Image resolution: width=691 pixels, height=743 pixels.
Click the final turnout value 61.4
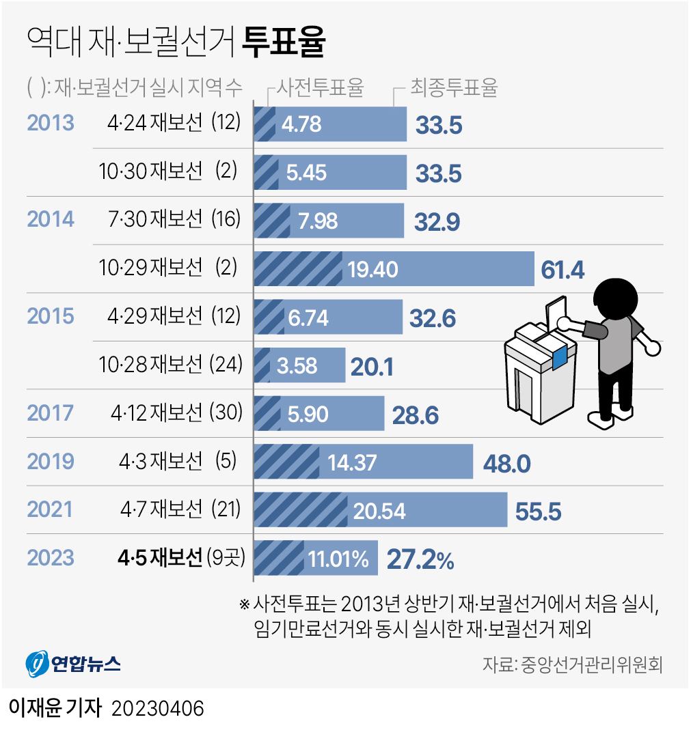(x=563, y=270)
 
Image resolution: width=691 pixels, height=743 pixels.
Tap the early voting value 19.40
(x=372, y=270)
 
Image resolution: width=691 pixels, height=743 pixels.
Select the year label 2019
(x=50, y=462)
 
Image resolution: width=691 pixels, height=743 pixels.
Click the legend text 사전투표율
(x=319, y=87)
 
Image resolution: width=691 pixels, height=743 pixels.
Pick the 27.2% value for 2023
(x=420, y=560)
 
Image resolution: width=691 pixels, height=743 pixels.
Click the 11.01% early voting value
(x=338, y=560)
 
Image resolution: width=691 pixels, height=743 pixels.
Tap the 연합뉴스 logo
(x=73, y=662)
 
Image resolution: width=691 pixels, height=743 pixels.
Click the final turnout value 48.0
(x=506, y=464)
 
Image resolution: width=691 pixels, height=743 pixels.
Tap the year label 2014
(x=50, y=219)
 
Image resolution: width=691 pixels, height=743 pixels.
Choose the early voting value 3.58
(x=297, y=366)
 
